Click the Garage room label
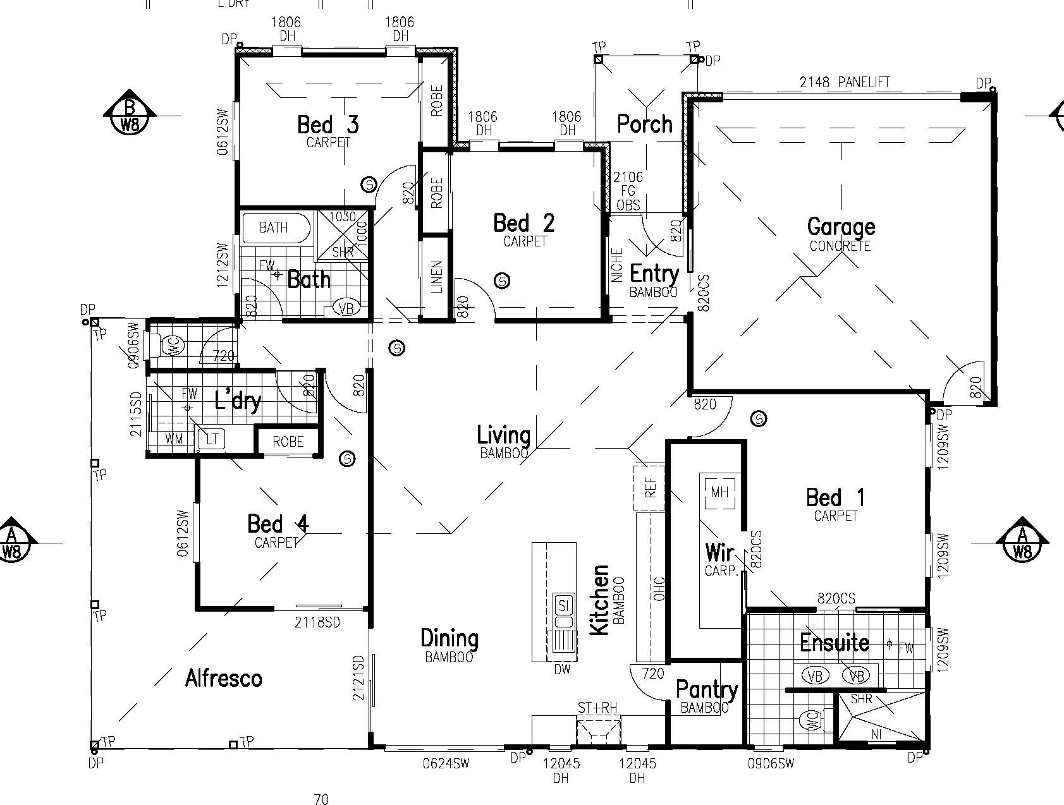coord(841,226)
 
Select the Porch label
coord(644,124)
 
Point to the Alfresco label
coord(223,679)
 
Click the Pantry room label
coord(706,689)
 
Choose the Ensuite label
coord(835,643)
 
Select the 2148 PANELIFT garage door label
coord(845,82)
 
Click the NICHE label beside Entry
coord(618,265)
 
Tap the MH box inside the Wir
coord(719,492)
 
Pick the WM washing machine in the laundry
coord(174,438)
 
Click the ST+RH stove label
coord(597,708)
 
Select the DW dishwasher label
coord(562,669)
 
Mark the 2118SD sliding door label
coord(317,622)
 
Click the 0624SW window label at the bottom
coord(446,764)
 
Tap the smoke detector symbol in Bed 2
coord(502,280)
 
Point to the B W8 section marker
coord(130,115)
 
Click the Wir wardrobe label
coord(719,553)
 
